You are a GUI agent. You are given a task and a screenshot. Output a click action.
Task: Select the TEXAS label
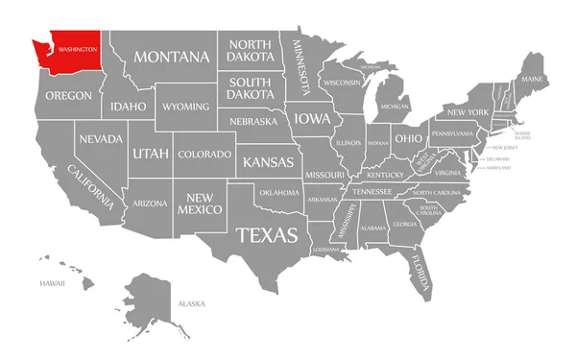click(267, 234)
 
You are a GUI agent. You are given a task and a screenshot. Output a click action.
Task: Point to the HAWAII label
click(52, 284)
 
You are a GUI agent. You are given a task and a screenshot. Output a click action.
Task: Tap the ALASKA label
click(190, 304)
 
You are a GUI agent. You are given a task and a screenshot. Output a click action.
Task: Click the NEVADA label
click(101, 138)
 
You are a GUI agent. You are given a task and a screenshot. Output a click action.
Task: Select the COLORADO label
click(204, 155)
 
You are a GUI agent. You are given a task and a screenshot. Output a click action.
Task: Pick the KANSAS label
click(268, 161)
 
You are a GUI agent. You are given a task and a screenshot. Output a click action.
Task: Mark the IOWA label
click(311, 119)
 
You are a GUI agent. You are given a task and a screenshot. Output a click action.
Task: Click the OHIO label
click(407, 137)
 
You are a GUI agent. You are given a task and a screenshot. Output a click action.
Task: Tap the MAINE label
click(533, 78)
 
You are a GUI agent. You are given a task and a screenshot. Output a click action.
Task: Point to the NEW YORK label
click(468, 113)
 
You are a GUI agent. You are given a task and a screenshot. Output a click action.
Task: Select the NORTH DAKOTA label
click(250, 51)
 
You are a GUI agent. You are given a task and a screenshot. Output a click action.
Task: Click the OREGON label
click(67, 95)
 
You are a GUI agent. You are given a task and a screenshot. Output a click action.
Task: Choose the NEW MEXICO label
click(205, 202)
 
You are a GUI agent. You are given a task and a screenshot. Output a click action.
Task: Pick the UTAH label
click(150, 153)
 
